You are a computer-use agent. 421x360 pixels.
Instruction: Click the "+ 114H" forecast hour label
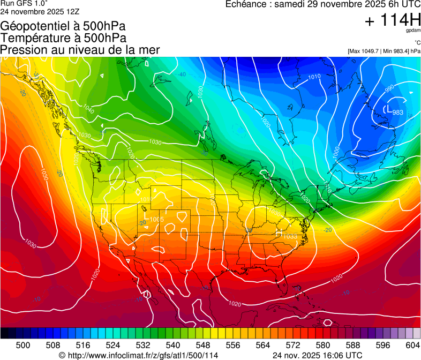pyautogui.click(x=393, y=20)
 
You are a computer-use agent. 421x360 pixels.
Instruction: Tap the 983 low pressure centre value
pyautogui.click(x=398, y=112)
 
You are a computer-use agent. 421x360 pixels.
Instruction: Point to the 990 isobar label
pyautogui.click(x=389, y=87)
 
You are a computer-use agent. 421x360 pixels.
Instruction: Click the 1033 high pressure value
pyautogui.click(x=290, y=236)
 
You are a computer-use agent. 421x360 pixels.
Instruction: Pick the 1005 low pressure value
pyautogui.click(x=157, y=219)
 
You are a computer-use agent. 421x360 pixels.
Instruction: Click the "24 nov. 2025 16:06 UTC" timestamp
pyautogui.click(x=317, y=355)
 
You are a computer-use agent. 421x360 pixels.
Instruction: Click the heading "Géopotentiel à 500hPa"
pyautogui.click(x=63, y=26)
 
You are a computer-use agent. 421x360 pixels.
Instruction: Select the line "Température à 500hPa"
pyautogui.click(x=63, y=38)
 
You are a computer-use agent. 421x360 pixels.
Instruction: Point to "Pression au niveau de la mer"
pyautogui.click(x=80, y=50)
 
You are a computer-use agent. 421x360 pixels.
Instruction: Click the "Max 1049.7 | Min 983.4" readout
pyautogui.click(x=384, y=51)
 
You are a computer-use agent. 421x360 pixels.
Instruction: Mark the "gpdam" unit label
pyautogui.click(x=412, y=31)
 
